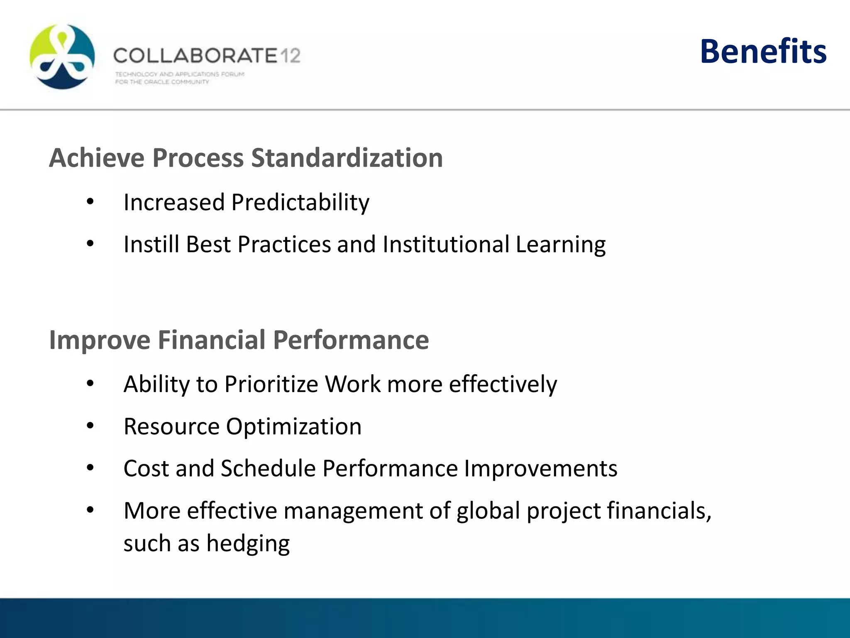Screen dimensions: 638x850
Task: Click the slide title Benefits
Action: click(763, 52)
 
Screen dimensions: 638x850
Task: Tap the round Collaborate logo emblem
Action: click(62, 56)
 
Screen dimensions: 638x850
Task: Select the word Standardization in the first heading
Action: click(347, 158)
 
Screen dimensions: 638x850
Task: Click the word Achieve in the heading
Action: click(97, 158)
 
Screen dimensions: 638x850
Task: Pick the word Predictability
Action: click(300, 203)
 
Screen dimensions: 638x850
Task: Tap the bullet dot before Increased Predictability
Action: click(90, 202)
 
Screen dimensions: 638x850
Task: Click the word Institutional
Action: click(446, 244)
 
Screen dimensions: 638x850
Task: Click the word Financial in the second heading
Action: click(212, 340)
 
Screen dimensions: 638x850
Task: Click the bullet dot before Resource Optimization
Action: click(90, 426)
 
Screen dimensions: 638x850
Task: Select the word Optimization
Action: click(293, 427)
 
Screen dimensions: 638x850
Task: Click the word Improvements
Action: click(540, 469)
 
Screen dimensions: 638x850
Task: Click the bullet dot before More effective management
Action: click(90, 510)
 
